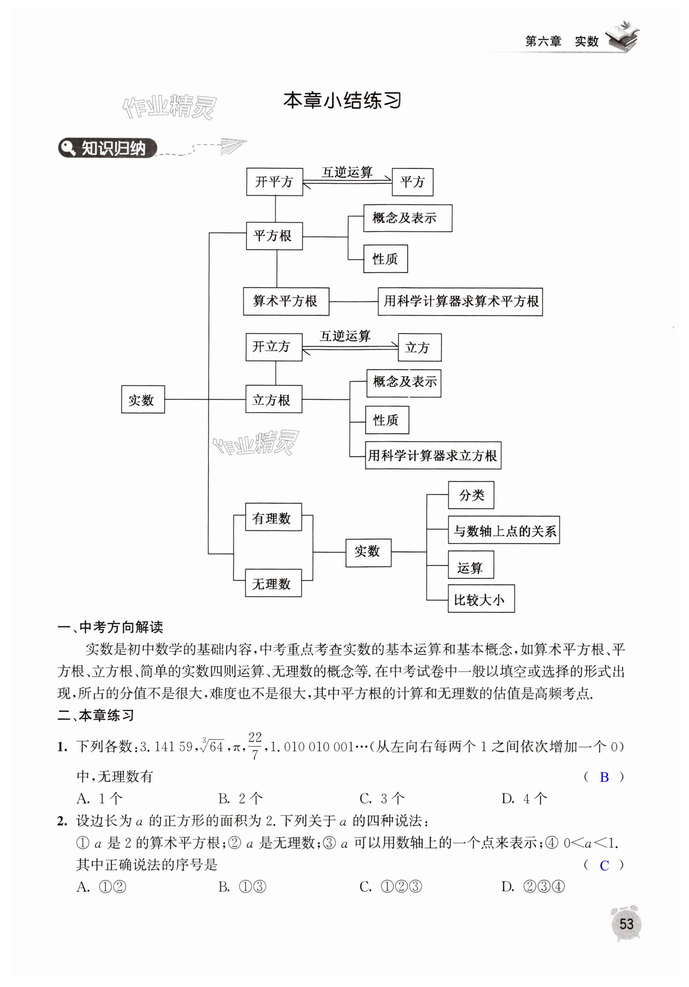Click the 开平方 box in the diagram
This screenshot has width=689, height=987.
click(274, 182)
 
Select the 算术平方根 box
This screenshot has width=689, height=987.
click(286, 301)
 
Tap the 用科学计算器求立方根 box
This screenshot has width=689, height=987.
click(433, 455)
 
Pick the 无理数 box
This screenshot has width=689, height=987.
click(273, 583)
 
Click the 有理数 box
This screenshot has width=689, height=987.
click(273, 518)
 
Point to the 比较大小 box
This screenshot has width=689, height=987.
click(481, 599)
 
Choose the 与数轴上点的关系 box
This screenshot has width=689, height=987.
click(503, 530)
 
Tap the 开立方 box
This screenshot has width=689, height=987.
click(273, 347)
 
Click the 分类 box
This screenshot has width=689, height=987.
click(471, 495)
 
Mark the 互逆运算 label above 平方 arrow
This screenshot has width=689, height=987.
click(347, 172)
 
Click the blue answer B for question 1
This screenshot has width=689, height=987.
click(604, 777)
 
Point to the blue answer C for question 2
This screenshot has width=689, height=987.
click(604, 865)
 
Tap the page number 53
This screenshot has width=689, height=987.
click(626, 924)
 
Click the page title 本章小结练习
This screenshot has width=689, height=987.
click(342, 101)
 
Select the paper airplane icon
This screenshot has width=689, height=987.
click(232, 145)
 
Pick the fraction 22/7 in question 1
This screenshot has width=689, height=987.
click(254, 746)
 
